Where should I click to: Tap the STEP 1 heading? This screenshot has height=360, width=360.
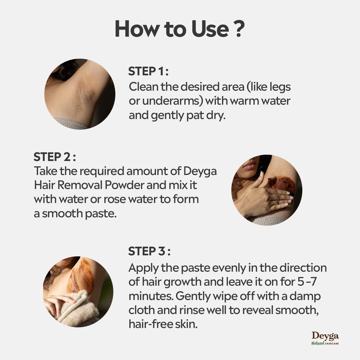click(148, 71)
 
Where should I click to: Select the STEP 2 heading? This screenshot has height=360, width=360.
click(55, 157)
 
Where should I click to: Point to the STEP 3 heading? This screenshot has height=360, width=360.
click(149, 251)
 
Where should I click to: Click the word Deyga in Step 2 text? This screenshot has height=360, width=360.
click(200, 172)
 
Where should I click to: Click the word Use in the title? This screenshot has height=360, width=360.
click(210, 29)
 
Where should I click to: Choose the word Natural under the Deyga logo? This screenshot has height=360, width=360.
click(318, 343)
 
